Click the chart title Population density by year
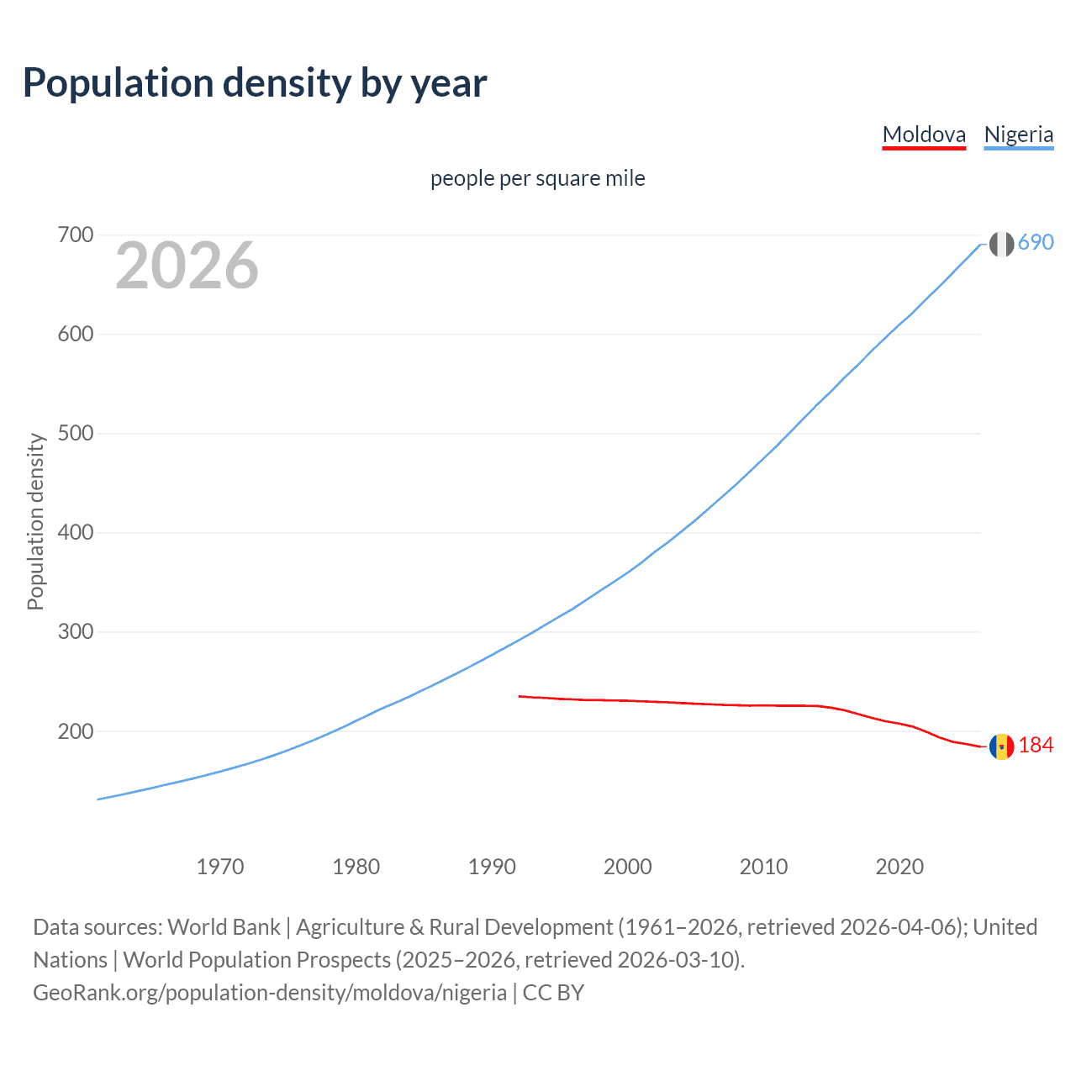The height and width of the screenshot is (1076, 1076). click(255, 83)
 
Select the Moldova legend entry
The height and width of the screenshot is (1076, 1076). click(924, 134)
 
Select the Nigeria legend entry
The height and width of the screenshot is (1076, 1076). click(1018, 134)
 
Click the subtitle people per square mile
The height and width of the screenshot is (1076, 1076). click(538, 178)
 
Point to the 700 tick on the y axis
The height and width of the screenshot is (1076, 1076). click(76, 235)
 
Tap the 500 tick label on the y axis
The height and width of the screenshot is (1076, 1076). click(76, 434)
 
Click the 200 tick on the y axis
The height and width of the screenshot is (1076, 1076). click(76, 731)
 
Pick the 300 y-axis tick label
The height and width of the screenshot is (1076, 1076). click(76, 632)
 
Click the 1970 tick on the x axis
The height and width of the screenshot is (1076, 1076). click(220, 867)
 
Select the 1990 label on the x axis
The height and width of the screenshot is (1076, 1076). click(492, 867)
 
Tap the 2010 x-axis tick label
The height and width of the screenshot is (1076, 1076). click(763, 867)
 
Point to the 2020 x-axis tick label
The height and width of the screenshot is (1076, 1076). click(899, 867)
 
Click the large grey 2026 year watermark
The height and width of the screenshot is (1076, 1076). click(187, 266)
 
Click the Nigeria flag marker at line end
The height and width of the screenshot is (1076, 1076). click(1001, 244)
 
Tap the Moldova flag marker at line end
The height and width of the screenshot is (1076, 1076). click(1001, 746)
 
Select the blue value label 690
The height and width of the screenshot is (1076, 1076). click(1036, 243)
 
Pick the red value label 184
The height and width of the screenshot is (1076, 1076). click(1036, 746)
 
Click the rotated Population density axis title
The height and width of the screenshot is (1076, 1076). click(35, 521)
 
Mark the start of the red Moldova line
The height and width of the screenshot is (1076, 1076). click(520, 696)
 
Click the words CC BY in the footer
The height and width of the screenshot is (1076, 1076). click(553, 993)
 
